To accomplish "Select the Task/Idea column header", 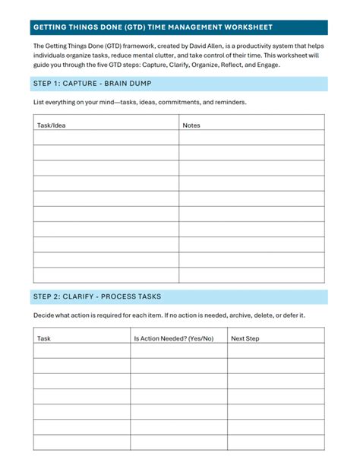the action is pyautogui.click(x=52, y=125).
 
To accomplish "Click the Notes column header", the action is pyautogui.click(x=191, y=125).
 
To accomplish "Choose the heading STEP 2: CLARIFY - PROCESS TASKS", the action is pyautogui.click(x=96, y=296).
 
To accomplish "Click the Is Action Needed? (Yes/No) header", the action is pyautogui.click(x=174, y=338).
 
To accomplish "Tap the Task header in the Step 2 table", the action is pyautogui.click(x=44, y=338).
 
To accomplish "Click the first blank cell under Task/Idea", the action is pyautogui.click(x=106, y=138).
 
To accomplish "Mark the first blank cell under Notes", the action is pyautogui.click(x=251, y=138).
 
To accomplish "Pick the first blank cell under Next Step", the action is pyautogui.click(x=276, y=350).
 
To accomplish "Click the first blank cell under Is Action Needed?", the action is pyautogui.click(x=178, y=350).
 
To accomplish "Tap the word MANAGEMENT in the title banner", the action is pyautogui.click(x=185, y=27).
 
